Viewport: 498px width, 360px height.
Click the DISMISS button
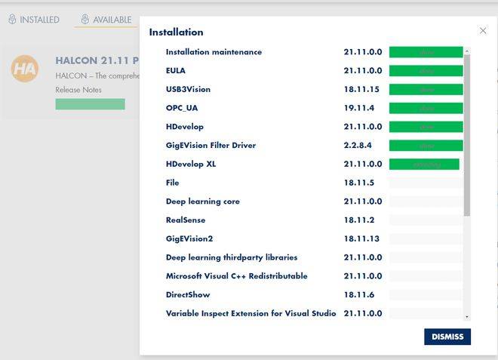pos(447,337)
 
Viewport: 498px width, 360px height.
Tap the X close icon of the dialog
pos(483,31)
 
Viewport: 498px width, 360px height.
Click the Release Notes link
pos(78,90)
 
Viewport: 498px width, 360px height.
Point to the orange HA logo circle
pos(25,69)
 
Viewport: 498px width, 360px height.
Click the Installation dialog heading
pos(176,32)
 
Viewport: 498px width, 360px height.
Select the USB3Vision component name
pos(188,89)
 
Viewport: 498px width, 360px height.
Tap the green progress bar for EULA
pos(426,71)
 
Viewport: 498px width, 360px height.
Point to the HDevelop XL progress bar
pos(424,164)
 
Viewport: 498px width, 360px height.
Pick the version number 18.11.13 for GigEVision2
pos(361,238)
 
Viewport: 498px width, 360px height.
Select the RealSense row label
pos(186,220)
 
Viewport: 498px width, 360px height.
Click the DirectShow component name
pos(187,294)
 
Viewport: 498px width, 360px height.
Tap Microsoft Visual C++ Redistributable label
pos(236,276)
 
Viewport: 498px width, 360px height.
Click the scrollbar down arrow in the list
pos(467,317)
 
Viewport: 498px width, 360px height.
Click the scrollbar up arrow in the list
pos(467,51)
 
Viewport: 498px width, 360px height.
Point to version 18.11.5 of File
pos(359,183)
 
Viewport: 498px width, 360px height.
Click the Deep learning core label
pos(203,202)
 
